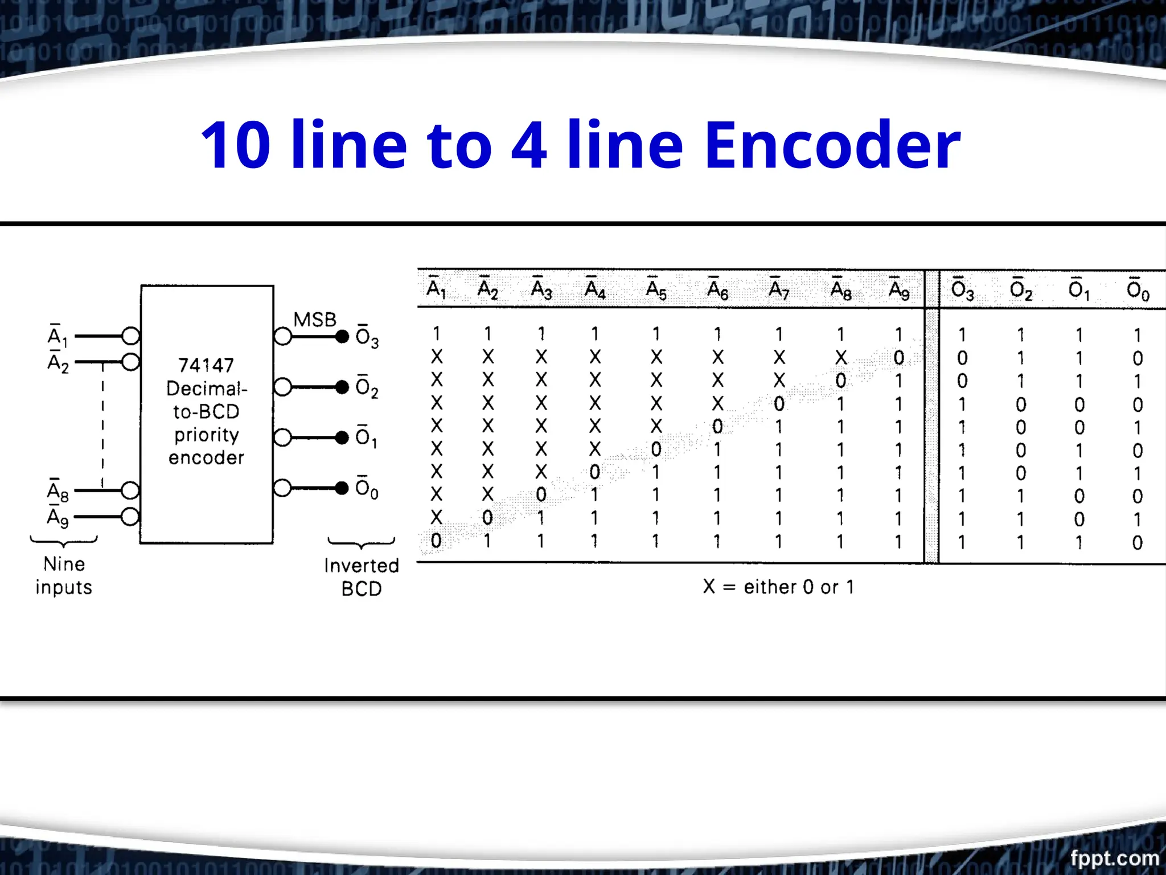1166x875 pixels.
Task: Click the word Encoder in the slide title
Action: pyautogui.click(x=832, y=145)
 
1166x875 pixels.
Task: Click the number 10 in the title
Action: pyautogui.click(x=235, y=145)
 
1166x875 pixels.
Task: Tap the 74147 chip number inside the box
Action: pyautogui.click(x=206, y=365)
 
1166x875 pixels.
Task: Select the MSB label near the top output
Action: pyautogui.click(x=314, y=320)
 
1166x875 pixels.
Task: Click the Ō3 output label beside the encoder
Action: pyautogui.click(x=367, y=337)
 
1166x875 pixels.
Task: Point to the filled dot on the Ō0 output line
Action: pyautogui.click(x=342, y=488)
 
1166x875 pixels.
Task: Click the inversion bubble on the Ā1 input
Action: pyautogui.click(x=131, y=336)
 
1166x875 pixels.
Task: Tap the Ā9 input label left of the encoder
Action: pyautogui.click(x=58, y=517)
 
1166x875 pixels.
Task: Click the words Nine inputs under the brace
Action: pyautogui.click(x=64, y=575)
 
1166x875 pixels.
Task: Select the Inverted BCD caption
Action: pyautogui.click(x=362, y=576)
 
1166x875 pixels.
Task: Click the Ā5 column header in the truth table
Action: pyautogui.click(x=656, y=290)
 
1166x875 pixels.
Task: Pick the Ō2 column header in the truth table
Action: pyautogui.click(x=1020, y=290)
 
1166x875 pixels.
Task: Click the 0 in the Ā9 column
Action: pyautogui.click(x=899, y=358)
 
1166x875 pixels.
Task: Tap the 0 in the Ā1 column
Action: pyautogui.click(x=436, y=541)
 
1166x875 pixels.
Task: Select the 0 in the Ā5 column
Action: pyautogui.click(x=656, y=449)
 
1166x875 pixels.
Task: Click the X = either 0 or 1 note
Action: pyautogui.click(x=778, y=587)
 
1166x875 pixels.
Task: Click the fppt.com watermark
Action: pyautogui.click(x=1114, y=857)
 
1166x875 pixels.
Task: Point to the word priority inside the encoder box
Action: pyautogui.click(x=206, y=435)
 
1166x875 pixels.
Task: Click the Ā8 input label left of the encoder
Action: pyautogui.click(x=58, y=491)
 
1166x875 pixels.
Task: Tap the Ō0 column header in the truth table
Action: pyautogui.click(x=1138, y=290)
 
